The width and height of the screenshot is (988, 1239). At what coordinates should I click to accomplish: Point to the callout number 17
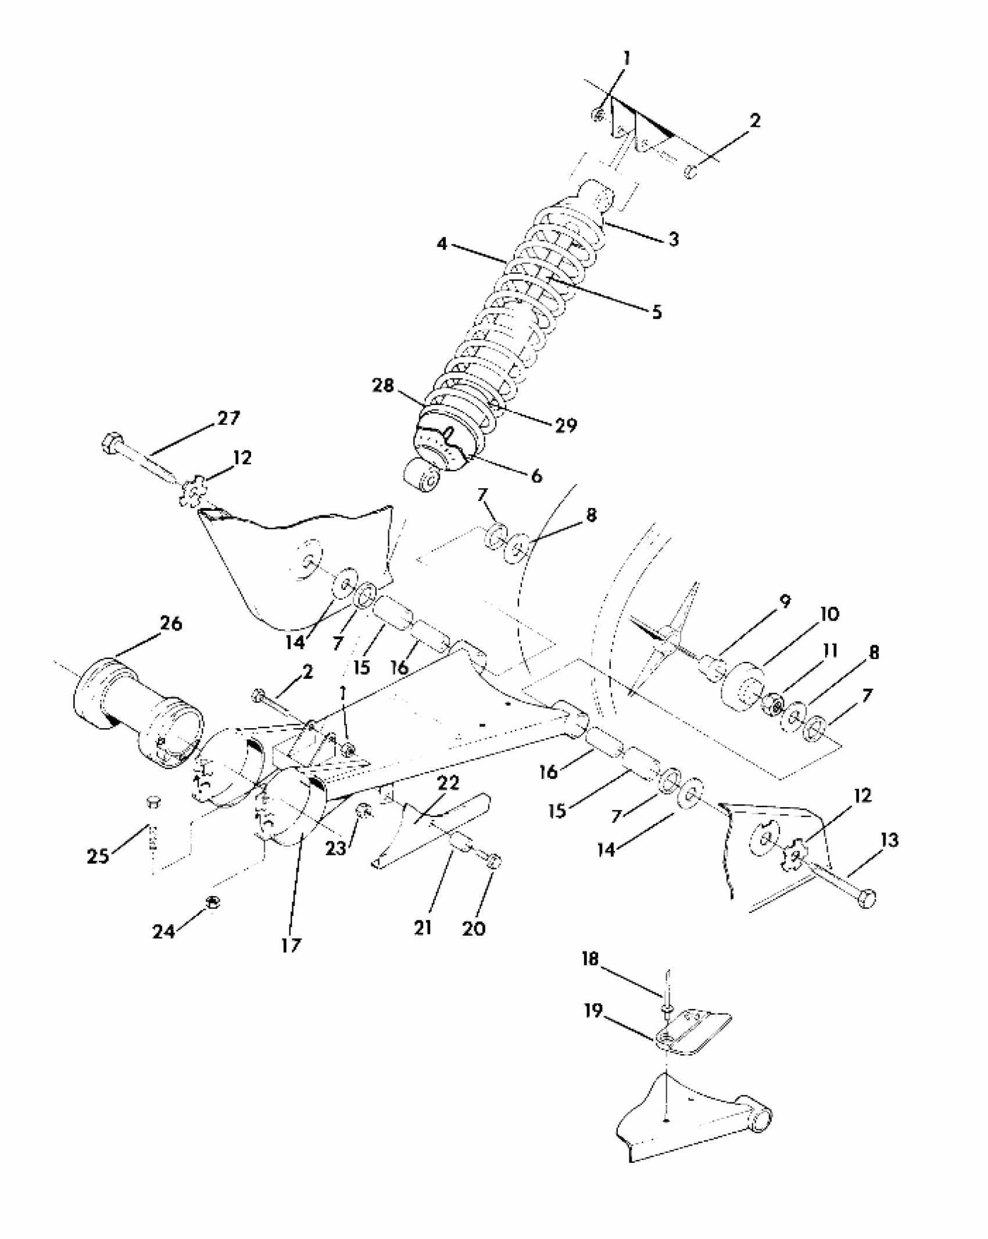click(291, 946)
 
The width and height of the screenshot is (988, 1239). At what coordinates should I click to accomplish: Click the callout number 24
click(163, 932)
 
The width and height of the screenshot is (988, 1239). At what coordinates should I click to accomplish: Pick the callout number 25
click(98, 856)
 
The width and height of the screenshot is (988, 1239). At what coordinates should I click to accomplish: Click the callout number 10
click(829, 614)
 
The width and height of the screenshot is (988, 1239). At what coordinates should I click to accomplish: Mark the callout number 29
click(565, 425)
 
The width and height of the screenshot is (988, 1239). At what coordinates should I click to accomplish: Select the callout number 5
click(657, 312)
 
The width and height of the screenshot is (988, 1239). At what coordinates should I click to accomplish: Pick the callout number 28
click(383, 386)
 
